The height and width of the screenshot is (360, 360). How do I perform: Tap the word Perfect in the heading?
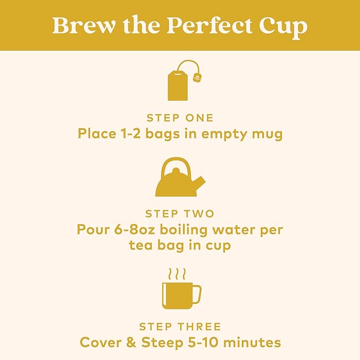tap(209, 25)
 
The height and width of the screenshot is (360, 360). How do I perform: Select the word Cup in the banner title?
tap(283, 28)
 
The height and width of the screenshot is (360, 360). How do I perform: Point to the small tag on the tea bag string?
tap(197, 76)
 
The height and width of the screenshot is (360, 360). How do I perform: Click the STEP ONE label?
tap(180, 118)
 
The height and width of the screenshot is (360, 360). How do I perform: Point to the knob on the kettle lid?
tap(176, 171)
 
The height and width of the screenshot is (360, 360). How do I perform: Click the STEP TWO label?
tap(180, 214)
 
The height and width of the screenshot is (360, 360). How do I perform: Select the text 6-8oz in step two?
tap(134, 230)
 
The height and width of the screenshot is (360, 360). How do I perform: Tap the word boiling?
tap(183, 230)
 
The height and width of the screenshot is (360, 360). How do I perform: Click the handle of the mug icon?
tap(198, 294)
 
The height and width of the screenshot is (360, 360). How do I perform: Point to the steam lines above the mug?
tap(177, 274)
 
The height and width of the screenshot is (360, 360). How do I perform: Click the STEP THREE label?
tap(180, 327)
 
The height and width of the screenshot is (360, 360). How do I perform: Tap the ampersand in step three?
tap(131, 343)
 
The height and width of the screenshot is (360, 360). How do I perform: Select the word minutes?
tap(252, 343)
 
